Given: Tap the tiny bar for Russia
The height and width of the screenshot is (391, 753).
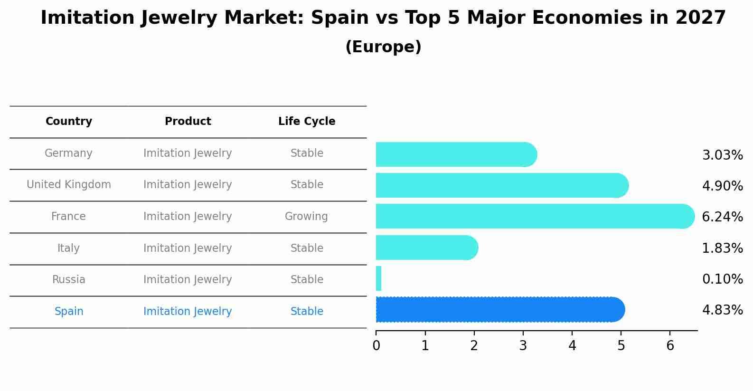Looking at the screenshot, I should [x=378, y=278].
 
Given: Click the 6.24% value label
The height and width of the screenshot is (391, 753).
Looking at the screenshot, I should [x=722, y=217].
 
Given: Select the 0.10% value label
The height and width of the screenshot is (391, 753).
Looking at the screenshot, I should [x=722, y=279].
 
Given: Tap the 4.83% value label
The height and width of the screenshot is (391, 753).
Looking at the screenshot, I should [x=722, y=310].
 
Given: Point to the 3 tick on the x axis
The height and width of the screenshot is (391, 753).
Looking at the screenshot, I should [x=523, y=346].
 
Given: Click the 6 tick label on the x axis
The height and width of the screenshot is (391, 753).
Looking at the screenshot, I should [x=670, y=346].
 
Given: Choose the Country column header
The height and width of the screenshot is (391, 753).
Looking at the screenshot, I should [x=69, y=122].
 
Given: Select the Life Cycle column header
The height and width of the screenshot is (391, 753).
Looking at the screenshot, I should [x=307, y=122].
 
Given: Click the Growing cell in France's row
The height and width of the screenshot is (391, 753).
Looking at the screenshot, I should [x=306, y=217].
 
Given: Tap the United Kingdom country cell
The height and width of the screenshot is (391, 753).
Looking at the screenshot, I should [x=69, y=185].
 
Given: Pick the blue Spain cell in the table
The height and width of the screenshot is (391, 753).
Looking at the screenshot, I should [x=69, y=312].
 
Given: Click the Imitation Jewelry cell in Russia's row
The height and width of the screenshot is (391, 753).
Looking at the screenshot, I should [x=188, y=280].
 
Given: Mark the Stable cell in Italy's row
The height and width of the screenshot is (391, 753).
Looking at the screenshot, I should [x=307, y=248].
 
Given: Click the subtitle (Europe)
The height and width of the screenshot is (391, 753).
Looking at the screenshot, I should [x=383, y=47].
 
